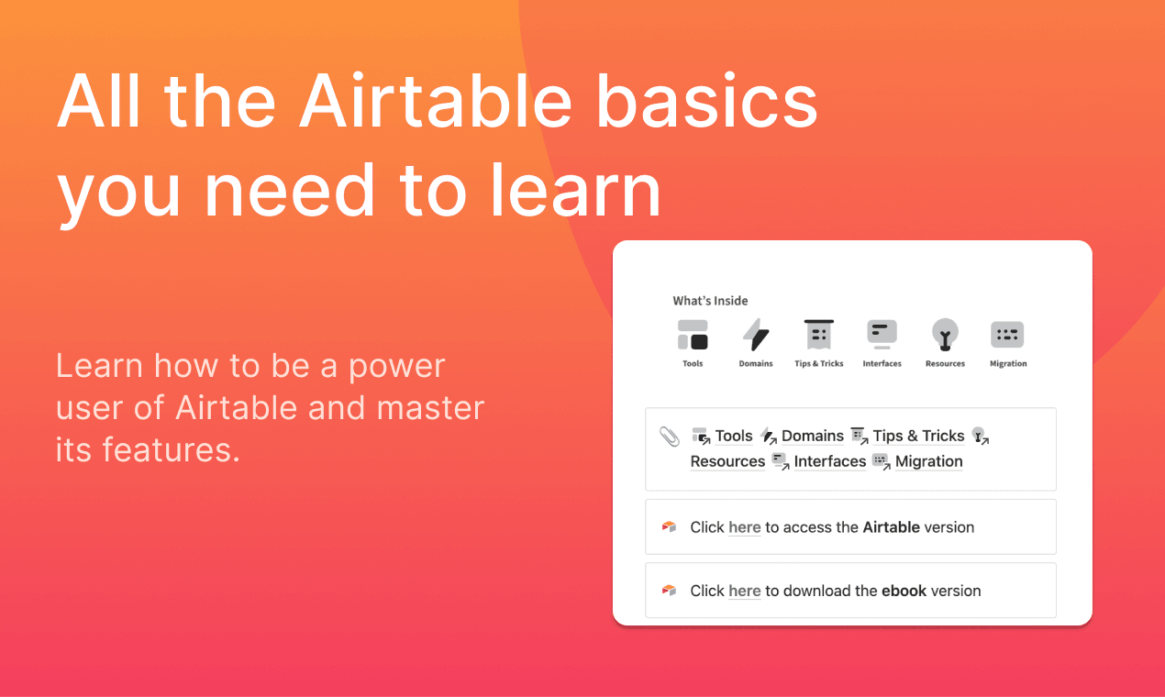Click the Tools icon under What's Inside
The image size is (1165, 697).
point(693,335)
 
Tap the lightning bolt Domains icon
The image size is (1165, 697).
point(756,335)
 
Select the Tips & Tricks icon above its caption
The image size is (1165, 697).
point(818,335)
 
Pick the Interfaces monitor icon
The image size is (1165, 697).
point(882,335)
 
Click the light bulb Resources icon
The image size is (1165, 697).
point(945,335)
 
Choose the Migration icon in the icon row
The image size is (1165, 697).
point(1007,335)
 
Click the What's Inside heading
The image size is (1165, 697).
point(710,301)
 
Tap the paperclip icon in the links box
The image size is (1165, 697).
point(670,437)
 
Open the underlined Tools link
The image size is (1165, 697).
point(733,436)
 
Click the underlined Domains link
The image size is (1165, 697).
point(813,436)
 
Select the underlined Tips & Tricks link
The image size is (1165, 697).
point(918,436)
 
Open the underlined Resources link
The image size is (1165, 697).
point(727,461)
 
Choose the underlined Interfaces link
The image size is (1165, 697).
point(830,461)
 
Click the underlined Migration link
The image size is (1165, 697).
point(929,461)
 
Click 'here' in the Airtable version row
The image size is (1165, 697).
point(744,527)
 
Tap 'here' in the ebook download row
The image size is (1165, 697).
point(744,591)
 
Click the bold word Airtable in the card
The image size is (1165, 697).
point(891,527)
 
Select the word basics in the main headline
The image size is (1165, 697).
point(707,101)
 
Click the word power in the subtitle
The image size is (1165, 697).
point(397,367)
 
